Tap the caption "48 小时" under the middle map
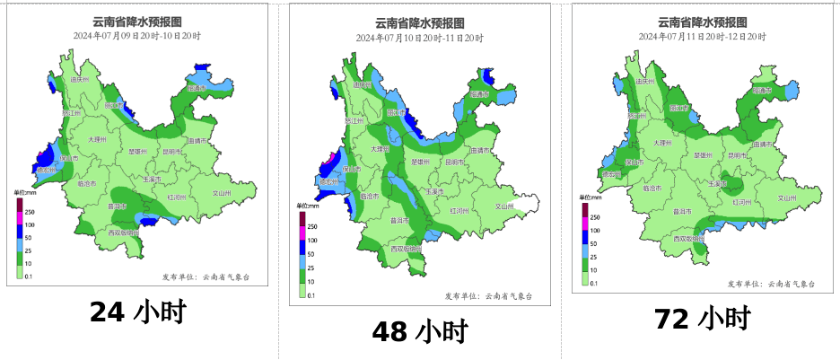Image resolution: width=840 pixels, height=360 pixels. pos(420,331)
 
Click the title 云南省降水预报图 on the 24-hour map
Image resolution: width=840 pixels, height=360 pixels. pos(136,22)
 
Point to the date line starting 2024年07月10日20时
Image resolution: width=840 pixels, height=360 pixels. pos(419,38)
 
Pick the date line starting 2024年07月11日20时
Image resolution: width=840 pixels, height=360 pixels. pos(702,36)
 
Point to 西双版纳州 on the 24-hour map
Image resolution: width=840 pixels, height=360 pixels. pos(123,233)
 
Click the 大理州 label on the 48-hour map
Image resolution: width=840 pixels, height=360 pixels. pos(381,149)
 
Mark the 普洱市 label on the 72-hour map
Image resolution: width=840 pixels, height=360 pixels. pos(683,212)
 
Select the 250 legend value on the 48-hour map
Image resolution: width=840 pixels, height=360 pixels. pos(312,227)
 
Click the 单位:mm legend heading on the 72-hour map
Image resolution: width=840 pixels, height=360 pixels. pos(590,197)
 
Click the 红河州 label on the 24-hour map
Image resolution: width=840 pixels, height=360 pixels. pos(176,195)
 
